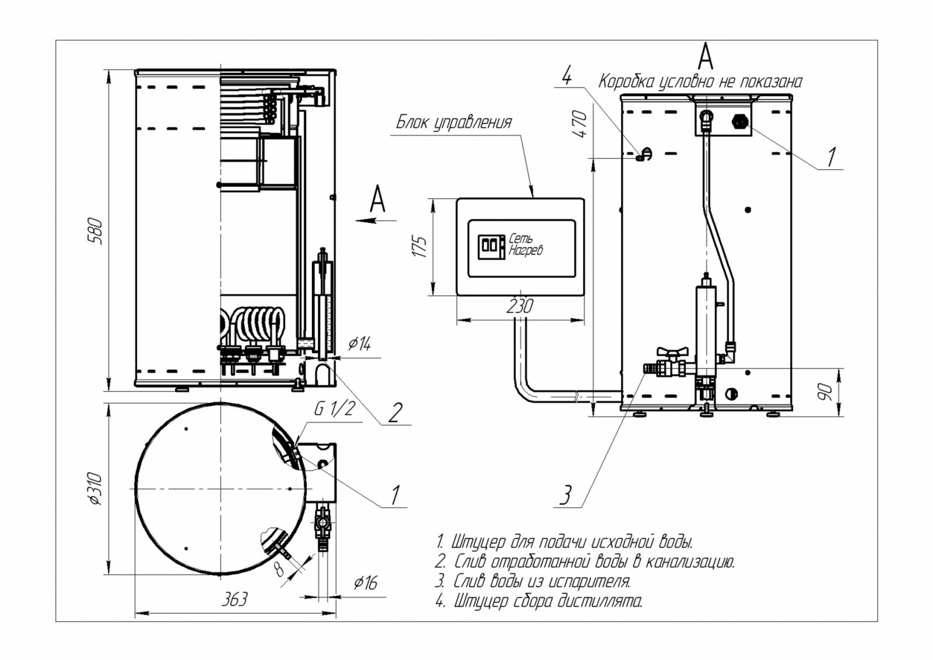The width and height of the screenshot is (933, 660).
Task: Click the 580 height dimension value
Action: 96,231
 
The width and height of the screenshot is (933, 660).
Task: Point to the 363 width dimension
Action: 234,599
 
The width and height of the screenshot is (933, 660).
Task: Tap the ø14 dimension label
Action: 359,344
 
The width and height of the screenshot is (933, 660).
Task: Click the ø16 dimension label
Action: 366,582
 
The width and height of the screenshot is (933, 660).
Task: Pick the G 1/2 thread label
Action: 334,408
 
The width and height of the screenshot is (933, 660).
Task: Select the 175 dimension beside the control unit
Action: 420,246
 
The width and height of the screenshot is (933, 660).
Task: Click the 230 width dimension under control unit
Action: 519,306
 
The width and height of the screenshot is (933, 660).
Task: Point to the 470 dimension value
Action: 581,124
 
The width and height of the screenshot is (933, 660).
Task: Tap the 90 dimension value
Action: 825,392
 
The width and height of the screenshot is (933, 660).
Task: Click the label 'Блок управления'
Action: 454,123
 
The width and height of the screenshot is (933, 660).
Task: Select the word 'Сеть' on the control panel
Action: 521,239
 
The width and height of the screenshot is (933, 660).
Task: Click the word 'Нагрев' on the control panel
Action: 525,250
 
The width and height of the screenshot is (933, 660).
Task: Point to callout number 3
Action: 565,495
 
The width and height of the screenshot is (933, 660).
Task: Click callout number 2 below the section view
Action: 395,413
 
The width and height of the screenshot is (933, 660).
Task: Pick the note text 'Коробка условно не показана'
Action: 700,82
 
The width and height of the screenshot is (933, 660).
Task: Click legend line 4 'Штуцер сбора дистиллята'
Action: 539,600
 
